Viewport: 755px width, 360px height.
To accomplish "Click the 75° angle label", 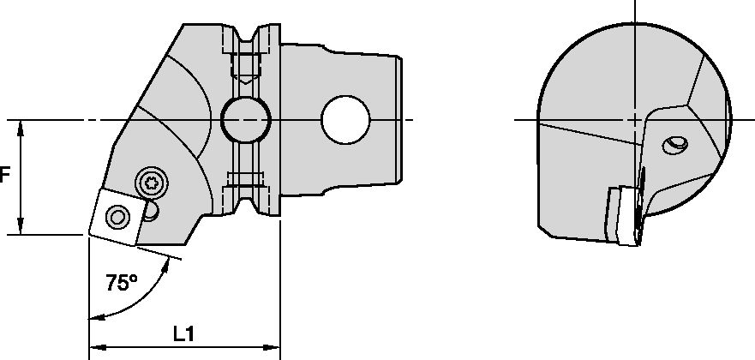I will coord(122,283).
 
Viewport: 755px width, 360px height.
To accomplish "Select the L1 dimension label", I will coord(183,333).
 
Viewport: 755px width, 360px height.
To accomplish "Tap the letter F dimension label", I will coord(4,176).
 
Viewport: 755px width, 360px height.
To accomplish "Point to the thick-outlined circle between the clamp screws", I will coord(245,119).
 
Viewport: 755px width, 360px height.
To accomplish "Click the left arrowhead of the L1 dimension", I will coord(95,348).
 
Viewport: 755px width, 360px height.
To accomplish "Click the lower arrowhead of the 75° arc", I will coord(94,318).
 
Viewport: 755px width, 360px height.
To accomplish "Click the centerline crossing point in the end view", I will coord(633,119).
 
